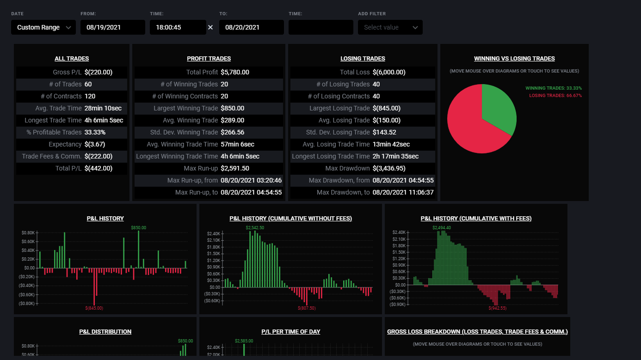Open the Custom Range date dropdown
point(43,27)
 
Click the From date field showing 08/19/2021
point(113,27)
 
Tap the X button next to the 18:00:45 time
point(210,27)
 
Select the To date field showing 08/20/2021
point(252,27)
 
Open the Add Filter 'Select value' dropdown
point(390,27)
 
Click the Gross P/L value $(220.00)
point(99,73)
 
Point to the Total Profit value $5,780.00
point(235,73)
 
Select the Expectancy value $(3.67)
point(95,144)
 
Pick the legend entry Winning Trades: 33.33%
point(554,88)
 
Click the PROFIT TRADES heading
point(209,59)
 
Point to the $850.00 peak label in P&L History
point(138,228)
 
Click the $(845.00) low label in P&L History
point(94,308)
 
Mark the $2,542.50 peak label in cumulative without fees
point(255,228)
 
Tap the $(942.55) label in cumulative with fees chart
point(497,308)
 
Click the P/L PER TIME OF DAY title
point(291,332)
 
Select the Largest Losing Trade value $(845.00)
point(387,109)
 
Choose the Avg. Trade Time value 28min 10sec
point(103,109)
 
